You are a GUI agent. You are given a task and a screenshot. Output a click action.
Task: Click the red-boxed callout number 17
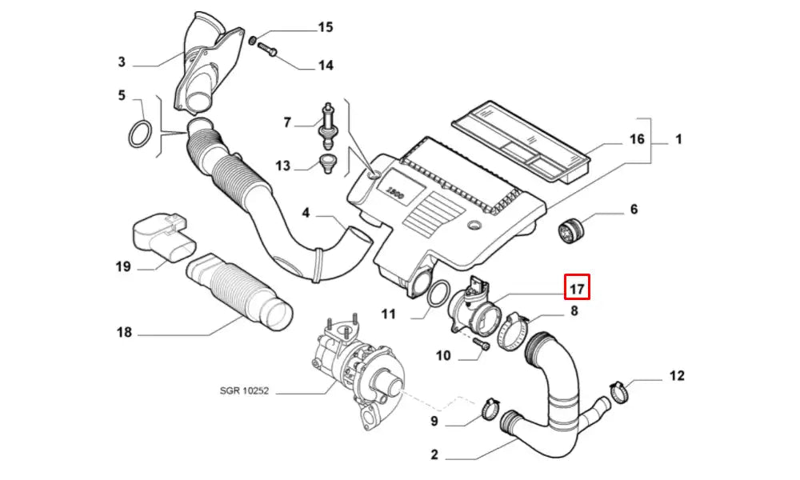[x=578, y=286]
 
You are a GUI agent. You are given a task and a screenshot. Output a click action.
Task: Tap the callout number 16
[x=636, y=139]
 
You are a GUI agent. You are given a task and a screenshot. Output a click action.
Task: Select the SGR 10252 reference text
[x=245, y=391]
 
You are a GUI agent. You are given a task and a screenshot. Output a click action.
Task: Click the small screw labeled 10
[x=482, y=344]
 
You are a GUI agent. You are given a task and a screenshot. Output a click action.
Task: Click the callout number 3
[x=122, y=62]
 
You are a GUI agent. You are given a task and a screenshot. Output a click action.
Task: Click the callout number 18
[x=123, y=331]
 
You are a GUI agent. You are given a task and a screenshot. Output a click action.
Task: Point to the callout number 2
[x=434, y=455]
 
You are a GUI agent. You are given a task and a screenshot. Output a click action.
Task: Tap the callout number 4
[x=306, y=213]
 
